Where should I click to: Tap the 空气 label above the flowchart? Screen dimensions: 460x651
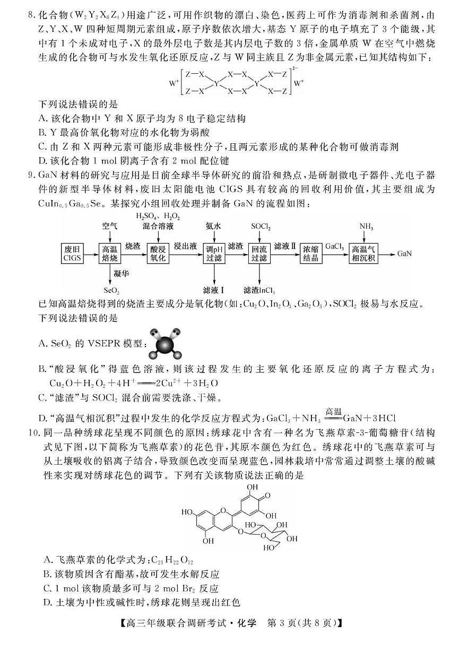pos(110,226)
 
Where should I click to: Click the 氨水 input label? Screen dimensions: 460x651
pos(214,226)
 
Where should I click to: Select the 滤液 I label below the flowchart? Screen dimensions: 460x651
pos(214,290)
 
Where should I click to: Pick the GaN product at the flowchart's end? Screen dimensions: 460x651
pos(404,254)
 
